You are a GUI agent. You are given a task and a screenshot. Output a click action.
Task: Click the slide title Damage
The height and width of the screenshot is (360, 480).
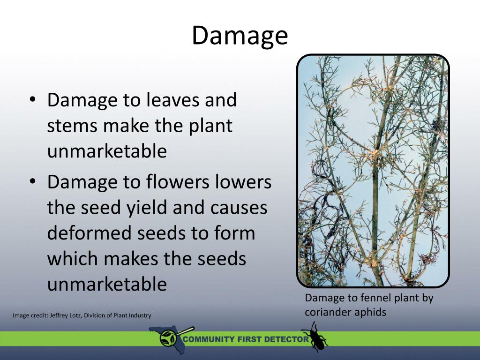tap(240, 36)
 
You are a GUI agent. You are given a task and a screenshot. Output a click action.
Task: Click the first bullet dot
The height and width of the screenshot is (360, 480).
tap(31, 100)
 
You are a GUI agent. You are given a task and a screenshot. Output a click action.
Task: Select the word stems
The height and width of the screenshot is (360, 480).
tap(72, 127)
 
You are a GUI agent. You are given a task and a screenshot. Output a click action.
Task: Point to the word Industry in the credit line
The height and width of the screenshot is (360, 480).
tap(138, 315)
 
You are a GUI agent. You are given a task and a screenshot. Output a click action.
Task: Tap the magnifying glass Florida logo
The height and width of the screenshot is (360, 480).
tap(169, 337)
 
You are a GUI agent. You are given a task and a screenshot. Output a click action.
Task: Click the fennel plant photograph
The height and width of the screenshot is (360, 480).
tap(373, 171)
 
